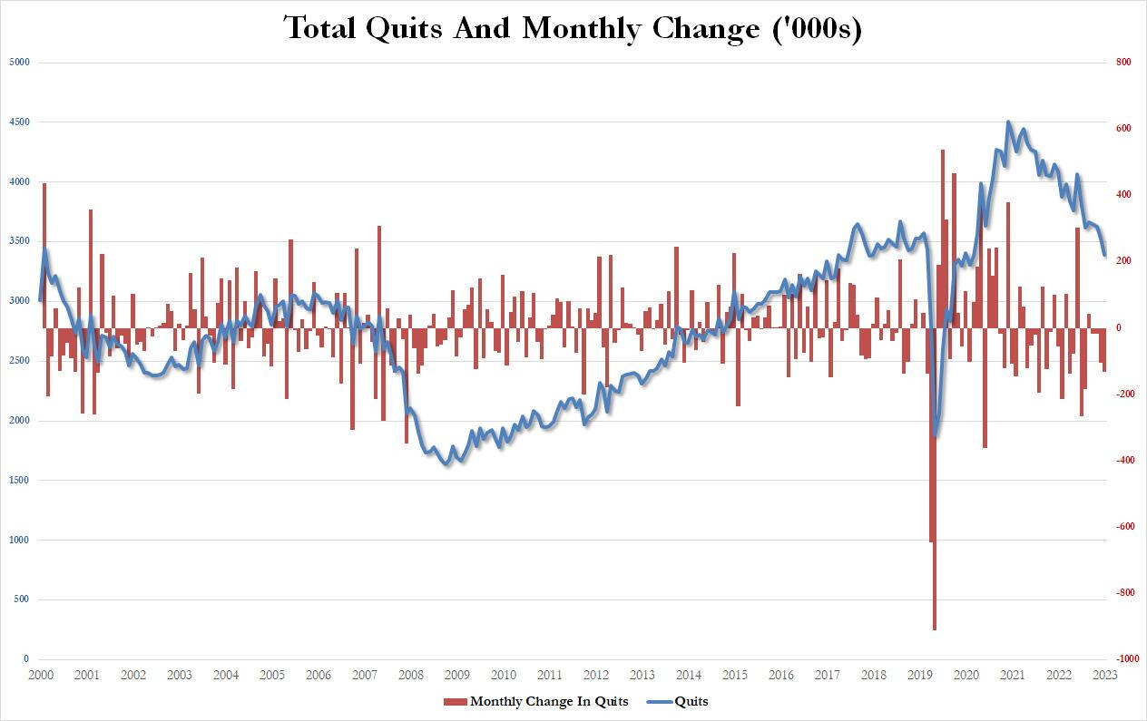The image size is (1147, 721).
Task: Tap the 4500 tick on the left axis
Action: tap(19, 122)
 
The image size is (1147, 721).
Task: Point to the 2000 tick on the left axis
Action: tap(19, 421)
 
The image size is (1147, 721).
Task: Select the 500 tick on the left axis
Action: tap(22, 599)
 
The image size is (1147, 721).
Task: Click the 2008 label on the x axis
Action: tap(411, 676)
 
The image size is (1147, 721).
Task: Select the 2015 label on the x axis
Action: tap(735, 676)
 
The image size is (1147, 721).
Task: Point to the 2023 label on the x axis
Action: tap(1104, 676)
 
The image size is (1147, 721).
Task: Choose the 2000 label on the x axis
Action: tap(40, 676)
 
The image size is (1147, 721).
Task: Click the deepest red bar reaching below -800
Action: tap(934, 626)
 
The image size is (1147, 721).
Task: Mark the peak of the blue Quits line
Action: tap(1008, 122)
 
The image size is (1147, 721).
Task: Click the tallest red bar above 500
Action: tap(943, 151)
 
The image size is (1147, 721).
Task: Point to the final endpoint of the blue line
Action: tap(1104, 255)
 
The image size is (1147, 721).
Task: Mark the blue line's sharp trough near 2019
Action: tap(935, 436)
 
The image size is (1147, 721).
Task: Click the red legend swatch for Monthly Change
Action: tap(455, 701)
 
